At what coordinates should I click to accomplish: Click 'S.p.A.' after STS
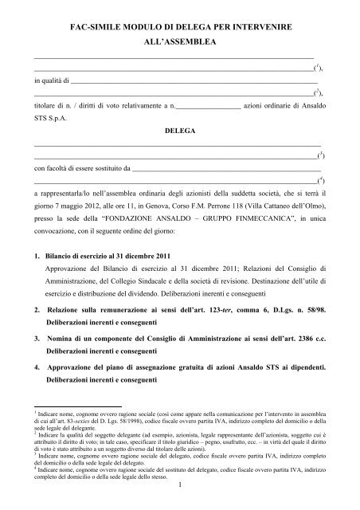64,116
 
